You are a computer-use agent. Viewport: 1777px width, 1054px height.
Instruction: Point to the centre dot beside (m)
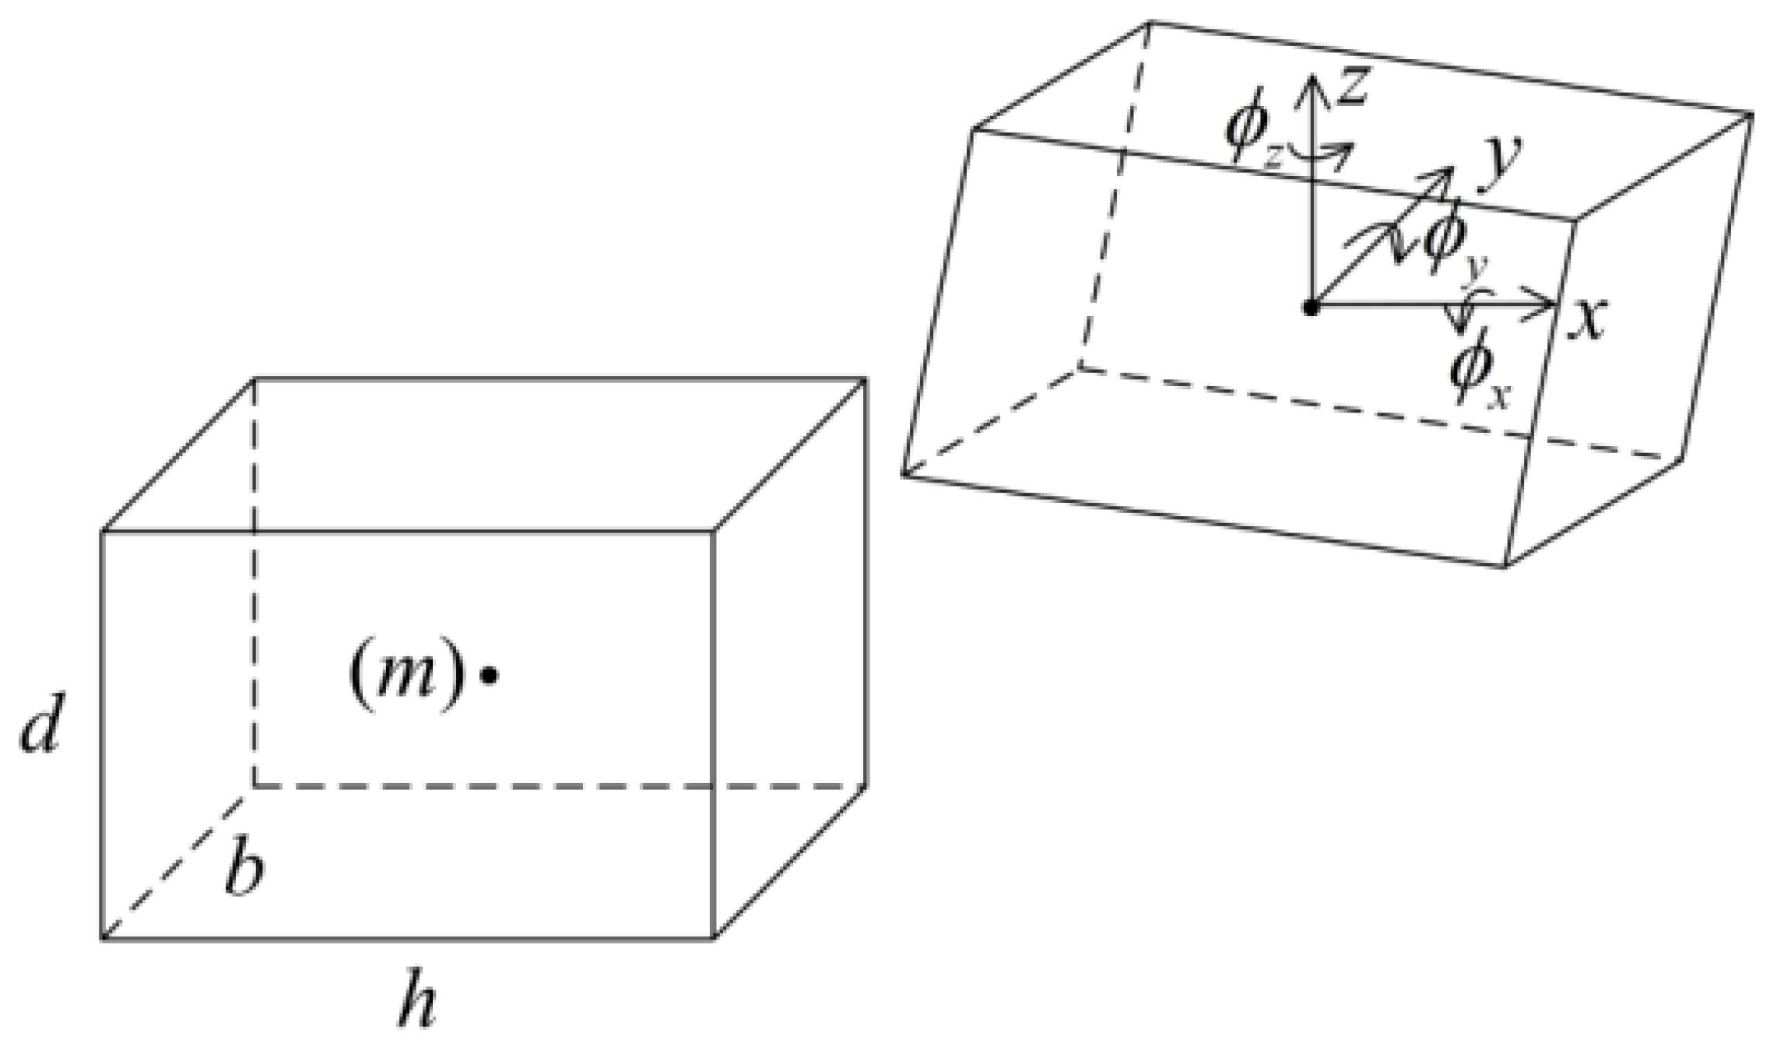point(489,676)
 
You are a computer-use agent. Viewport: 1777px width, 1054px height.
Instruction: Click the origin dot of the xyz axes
point(1312,307)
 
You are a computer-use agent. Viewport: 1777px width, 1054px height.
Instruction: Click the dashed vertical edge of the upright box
point(254,584)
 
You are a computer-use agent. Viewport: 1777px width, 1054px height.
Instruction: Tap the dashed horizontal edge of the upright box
point(560,786)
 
